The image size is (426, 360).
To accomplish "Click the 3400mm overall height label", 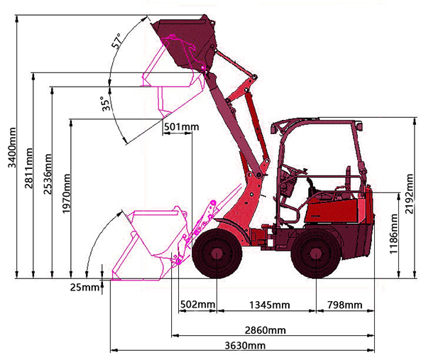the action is pyautogui.click(x=12, y=148).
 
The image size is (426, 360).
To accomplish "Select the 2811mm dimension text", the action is pyautogui.click(x=28, y=168).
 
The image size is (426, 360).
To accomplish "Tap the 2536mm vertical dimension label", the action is pyautogui.click(x=48, y=174).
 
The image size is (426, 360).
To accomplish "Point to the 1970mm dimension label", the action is pyautogui.click(x=66, y=194).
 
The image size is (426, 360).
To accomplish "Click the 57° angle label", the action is pyautogui.click(x=117, y=41).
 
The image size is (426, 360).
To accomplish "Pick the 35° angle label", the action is pyautogui.click(x=106, y=104).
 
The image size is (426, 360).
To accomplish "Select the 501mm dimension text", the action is pyautogui.click(x=182, y=127).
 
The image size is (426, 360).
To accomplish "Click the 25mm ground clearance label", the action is pyautogui.click(x=84, y=287).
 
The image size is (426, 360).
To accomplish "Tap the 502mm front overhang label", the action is pyautogui.click(x=198, y=305).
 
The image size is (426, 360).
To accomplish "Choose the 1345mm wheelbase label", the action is pyautogui.click(x=270, y=305).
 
